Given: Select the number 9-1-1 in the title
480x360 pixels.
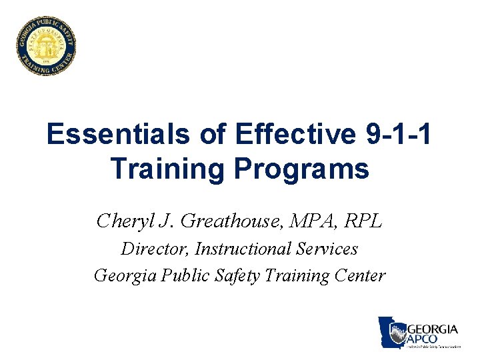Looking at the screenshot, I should click(x=399, y=135).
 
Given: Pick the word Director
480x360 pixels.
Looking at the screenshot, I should click(x=155, y=249).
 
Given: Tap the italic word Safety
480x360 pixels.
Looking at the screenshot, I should click(x=239, y=275).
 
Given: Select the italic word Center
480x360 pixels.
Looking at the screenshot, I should click(x=361, y=275).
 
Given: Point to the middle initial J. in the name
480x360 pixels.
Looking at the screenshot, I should click(x=167, y=220).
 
